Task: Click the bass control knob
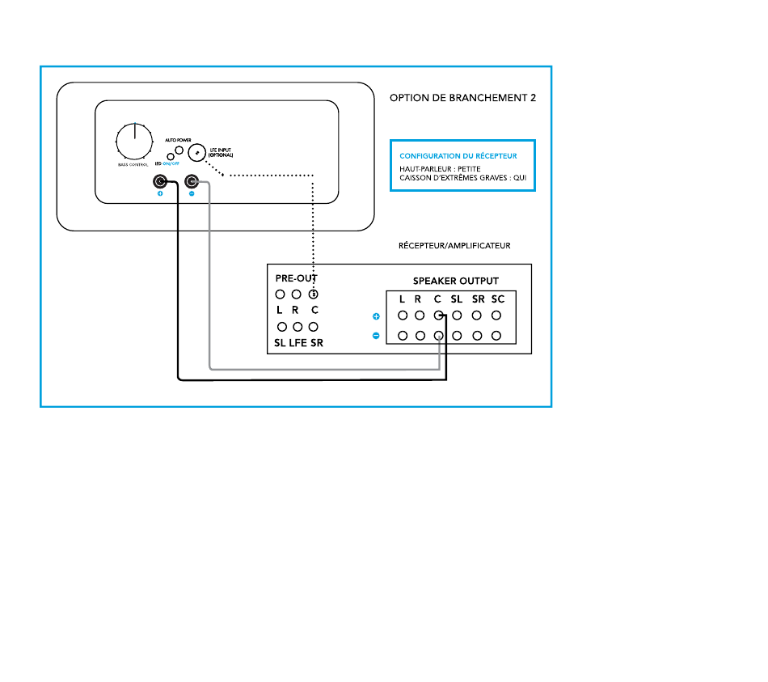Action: coord(134,142)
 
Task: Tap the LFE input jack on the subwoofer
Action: coord(196,152)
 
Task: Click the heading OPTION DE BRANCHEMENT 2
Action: coord(462,98)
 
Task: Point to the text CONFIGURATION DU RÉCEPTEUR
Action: coord(458,155)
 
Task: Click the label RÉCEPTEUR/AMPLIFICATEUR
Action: coord(454,245)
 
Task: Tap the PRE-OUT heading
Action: coord(296,277)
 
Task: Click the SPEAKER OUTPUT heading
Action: coord(457,282)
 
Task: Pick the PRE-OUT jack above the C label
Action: coord(314,294)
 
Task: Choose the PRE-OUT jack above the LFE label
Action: coord(297,327)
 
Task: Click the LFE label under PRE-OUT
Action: coord(297,343)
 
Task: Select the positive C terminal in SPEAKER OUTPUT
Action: coord(437,316)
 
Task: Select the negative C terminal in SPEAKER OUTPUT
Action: coord(437,335)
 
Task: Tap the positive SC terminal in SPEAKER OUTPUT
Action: coord(497,316)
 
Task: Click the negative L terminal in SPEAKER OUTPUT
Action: coord(401,335)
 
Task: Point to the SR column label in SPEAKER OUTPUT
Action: coord(478,299)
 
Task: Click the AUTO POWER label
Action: coord(179,139)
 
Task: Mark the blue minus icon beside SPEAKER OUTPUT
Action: coord(376,335)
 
